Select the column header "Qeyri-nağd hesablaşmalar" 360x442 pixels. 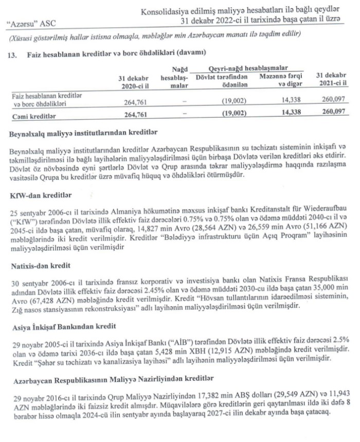(247, 67)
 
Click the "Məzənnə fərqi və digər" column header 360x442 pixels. (281, 80)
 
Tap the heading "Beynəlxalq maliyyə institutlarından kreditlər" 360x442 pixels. (84, 135)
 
